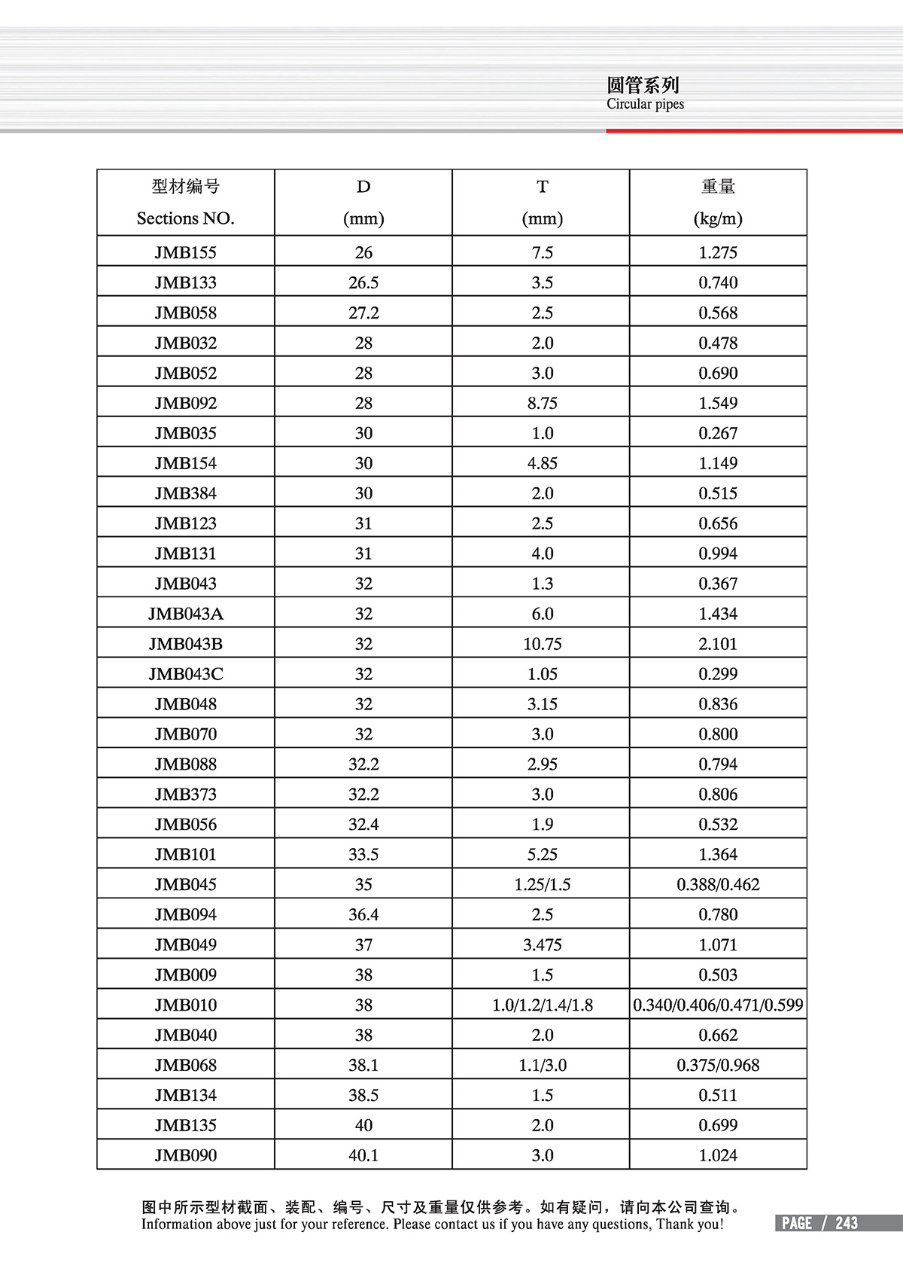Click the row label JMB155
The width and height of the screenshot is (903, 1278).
[185, 252]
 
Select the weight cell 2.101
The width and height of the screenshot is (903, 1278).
[718, 644]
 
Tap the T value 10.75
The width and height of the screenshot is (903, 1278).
[542, 644]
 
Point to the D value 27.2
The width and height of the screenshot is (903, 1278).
[363, 313]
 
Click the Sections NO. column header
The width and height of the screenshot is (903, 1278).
[185, 218]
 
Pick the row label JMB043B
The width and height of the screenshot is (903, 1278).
[185, 644]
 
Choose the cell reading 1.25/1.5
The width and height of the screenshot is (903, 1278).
[542, 885]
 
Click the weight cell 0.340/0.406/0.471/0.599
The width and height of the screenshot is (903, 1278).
[718, 1005]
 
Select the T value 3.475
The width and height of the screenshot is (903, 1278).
[542, 945]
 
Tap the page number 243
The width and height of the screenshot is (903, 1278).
[847, 1224]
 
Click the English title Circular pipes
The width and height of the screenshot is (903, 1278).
[645, 104]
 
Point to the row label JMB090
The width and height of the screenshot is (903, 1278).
[185, 1155]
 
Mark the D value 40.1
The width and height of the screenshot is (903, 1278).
[363, 1155]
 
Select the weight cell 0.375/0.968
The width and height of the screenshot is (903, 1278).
[718, 1066]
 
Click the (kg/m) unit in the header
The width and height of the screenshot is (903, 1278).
[718, 218]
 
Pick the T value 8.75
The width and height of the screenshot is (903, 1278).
[542, 403]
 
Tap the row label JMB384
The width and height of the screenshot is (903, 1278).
[185, 493]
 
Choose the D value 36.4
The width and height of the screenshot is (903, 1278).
[363, 915]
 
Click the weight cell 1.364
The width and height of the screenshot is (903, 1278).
[718, 855]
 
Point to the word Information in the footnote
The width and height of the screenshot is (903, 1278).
[177, 1225]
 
